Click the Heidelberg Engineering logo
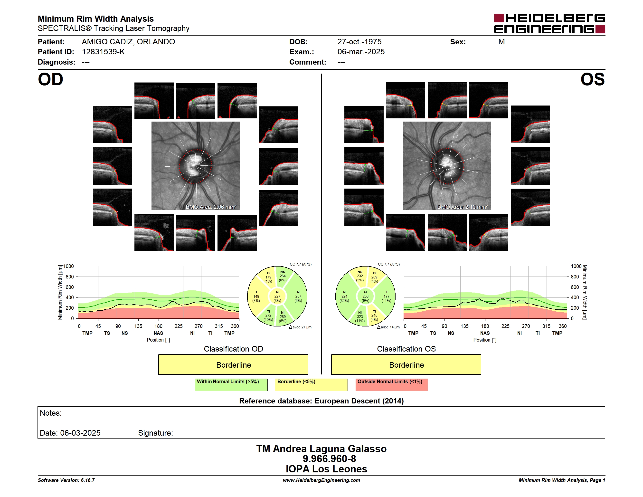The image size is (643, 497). [549, 24]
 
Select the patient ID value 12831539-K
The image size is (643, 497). [103, 52]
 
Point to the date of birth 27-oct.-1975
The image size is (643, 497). [359, 42]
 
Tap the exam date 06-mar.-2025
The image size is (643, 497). [361, 52]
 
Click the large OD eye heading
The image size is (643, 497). [50, 79]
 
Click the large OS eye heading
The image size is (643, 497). [592, 79]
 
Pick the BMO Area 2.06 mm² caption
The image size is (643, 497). [211, 207]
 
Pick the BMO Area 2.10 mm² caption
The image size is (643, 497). [463, 207]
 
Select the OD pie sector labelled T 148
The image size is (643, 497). [256, 296]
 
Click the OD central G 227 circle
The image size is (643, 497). [277, 296]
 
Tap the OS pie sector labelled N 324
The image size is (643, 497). [344, 296]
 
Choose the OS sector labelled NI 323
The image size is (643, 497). [360, 316]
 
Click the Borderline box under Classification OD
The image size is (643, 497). [233, 364]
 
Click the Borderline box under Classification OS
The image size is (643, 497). [406, 364]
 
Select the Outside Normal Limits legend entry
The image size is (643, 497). [392, 384]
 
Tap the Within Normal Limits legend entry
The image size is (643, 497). [231, 384]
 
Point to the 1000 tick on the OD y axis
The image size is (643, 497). [69, 266]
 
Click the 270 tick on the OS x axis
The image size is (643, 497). [526, 326]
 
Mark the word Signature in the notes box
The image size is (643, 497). [155, 433]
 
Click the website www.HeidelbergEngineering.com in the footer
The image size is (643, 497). [321, 480]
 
